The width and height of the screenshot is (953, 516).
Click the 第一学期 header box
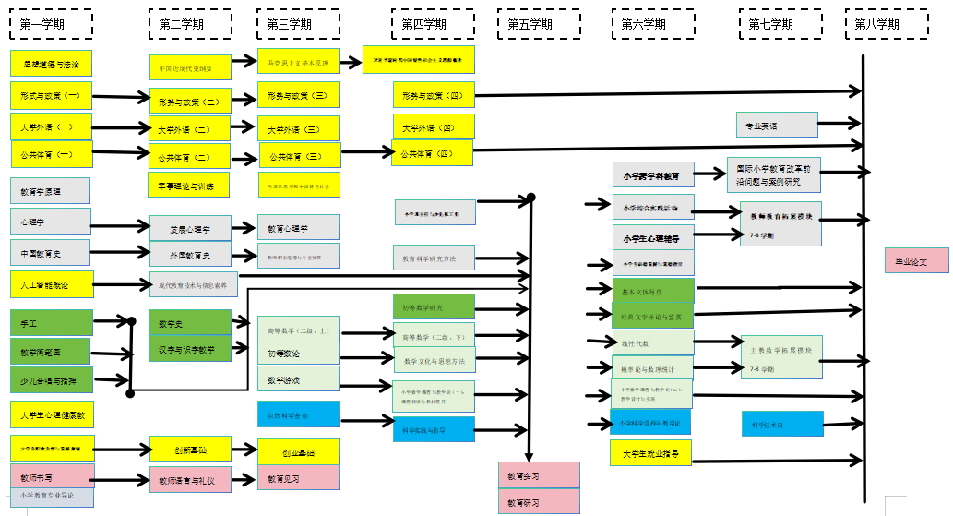(52, 24)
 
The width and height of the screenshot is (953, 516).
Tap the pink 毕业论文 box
(916, 261)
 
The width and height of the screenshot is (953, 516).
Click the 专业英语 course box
(777, 125)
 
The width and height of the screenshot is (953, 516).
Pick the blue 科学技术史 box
(781, 424)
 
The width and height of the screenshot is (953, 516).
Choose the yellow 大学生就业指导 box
(650, 453)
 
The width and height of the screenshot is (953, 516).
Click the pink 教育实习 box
(539, 475)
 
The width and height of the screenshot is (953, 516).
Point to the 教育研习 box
(539, 502)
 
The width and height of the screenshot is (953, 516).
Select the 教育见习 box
(298, 478)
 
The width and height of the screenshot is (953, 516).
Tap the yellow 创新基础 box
(190, 450)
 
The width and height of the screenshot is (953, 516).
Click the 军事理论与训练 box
(189, 186)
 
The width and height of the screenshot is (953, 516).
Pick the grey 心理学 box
(51, 222)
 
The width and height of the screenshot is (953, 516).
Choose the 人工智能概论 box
(51, 284)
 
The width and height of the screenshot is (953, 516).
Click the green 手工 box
(51, 323)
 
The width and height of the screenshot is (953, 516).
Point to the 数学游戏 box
(298, 379)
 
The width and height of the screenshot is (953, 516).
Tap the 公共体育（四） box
(433, 152)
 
